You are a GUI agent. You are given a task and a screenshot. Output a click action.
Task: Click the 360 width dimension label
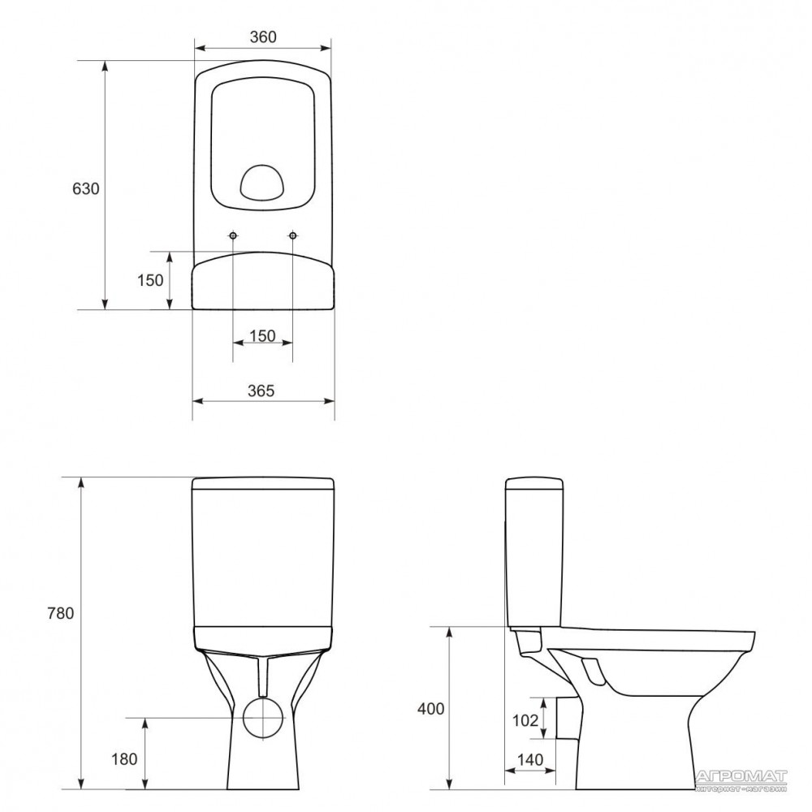pos(263,37)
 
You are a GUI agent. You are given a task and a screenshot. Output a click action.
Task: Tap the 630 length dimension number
pos(85,189)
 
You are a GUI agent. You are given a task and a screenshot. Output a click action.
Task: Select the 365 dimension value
pos(261,391)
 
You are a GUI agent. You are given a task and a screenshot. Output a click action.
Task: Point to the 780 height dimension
pos(61,613)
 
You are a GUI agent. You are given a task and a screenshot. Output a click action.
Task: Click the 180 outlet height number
pos(124,759)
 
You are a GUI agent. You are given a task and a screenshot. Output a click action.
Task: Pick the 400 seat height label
pos(431,708)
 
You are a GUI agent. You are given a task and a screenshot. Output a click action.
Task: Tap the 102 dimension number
pos(525,720)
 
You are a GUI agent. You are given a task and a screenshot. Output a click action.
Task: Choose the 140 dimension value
pos(530,760)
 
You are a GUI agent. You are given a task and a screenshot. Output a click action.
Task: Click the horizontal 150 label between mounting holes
pos(262,336)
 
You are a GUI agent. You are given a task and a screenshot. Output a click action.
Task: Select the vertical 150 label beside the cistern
pos(150,280)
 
